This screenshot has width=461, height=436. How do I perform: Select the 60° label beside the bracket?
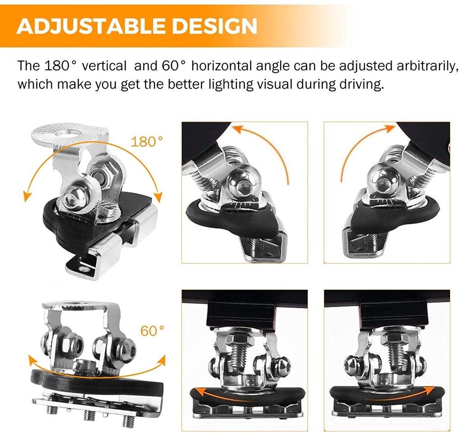click(x=152, y=331)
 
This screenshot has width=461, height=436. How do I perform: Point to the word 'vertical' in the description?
click(x=104, y=66)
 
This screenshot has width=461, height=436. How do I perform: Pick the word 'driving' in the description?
click(x=358, y=84)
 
